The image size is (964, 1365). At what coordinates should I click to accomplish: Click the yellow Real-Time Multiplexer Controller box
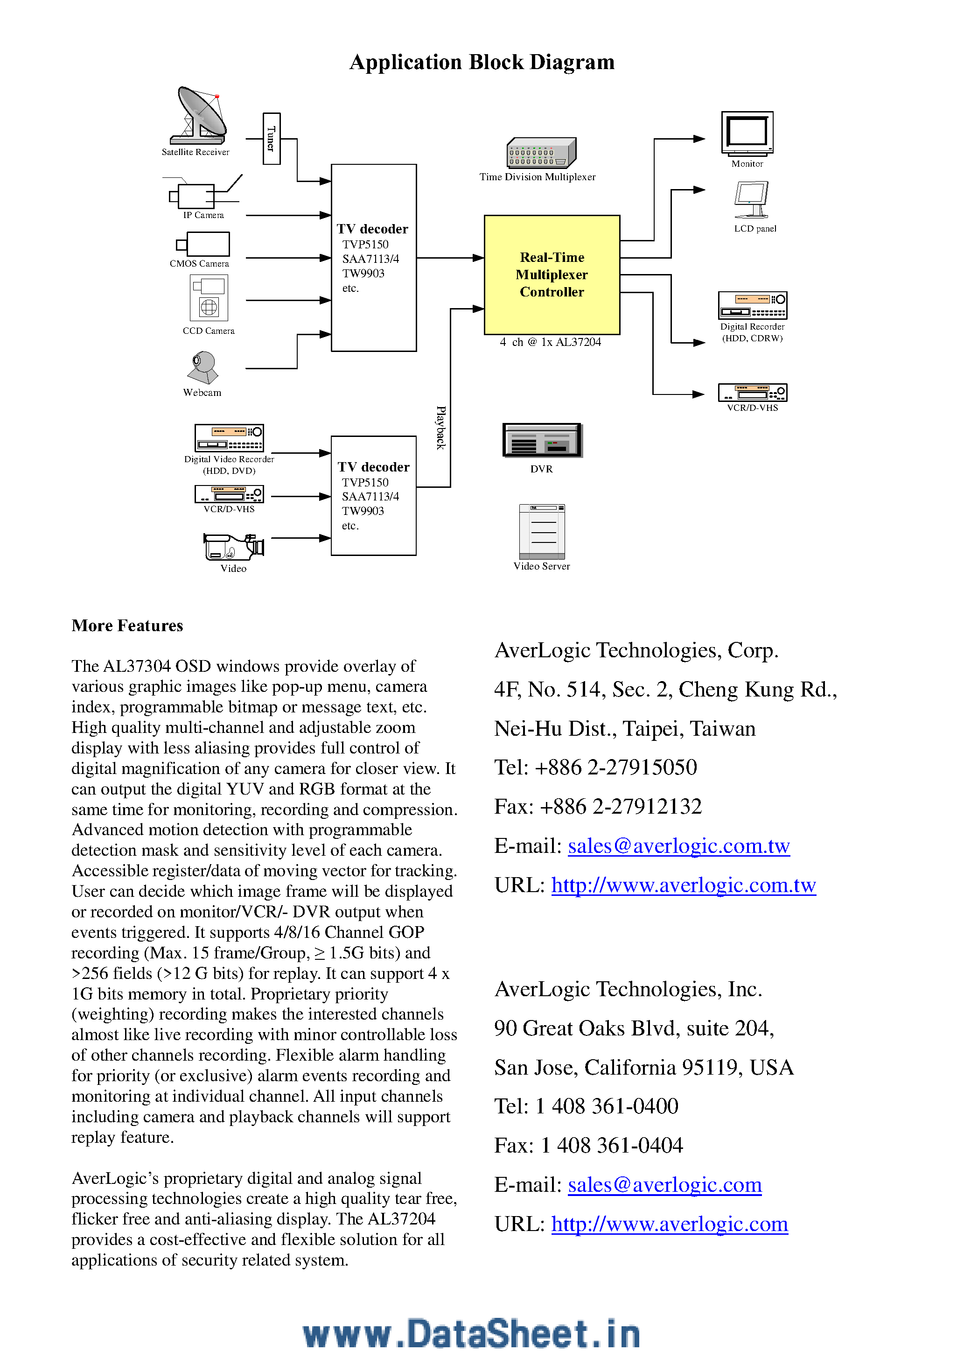tap(552, 274)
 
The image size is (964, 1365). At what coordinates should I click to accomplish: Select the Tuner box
tap(272, 139)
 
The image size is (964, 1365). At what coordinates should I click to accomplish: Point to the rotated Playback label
tap(440, 428)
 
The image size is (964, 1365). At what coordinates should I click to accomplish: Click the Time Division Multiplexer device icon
tap(541, 154)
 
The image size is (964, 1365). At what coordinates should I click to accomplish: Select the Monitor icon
tap(747, 133)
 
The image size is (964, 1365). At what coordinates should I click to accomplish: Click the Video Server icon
tap(541, 531)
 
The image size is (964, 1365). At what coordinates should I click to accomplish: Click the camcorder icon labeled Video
tap(234, 546)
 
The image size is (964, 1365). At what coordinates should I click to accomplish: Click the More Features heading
tap(127, 626)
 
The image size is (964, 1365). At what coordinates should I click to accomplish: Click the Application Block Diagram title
tap(482, 62)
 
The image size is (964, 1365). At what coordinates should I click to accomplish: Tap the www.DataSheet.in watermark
tap(471, 1334)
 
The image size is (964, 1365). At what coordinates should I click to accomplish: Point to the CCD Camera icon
tap(209, 298)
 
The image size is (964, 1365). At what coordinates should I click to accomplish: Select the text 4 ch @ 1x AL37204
tap(550, 343)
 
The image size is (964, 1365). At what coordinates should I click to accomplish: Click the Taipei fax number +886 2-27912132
tap(621, 807)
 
